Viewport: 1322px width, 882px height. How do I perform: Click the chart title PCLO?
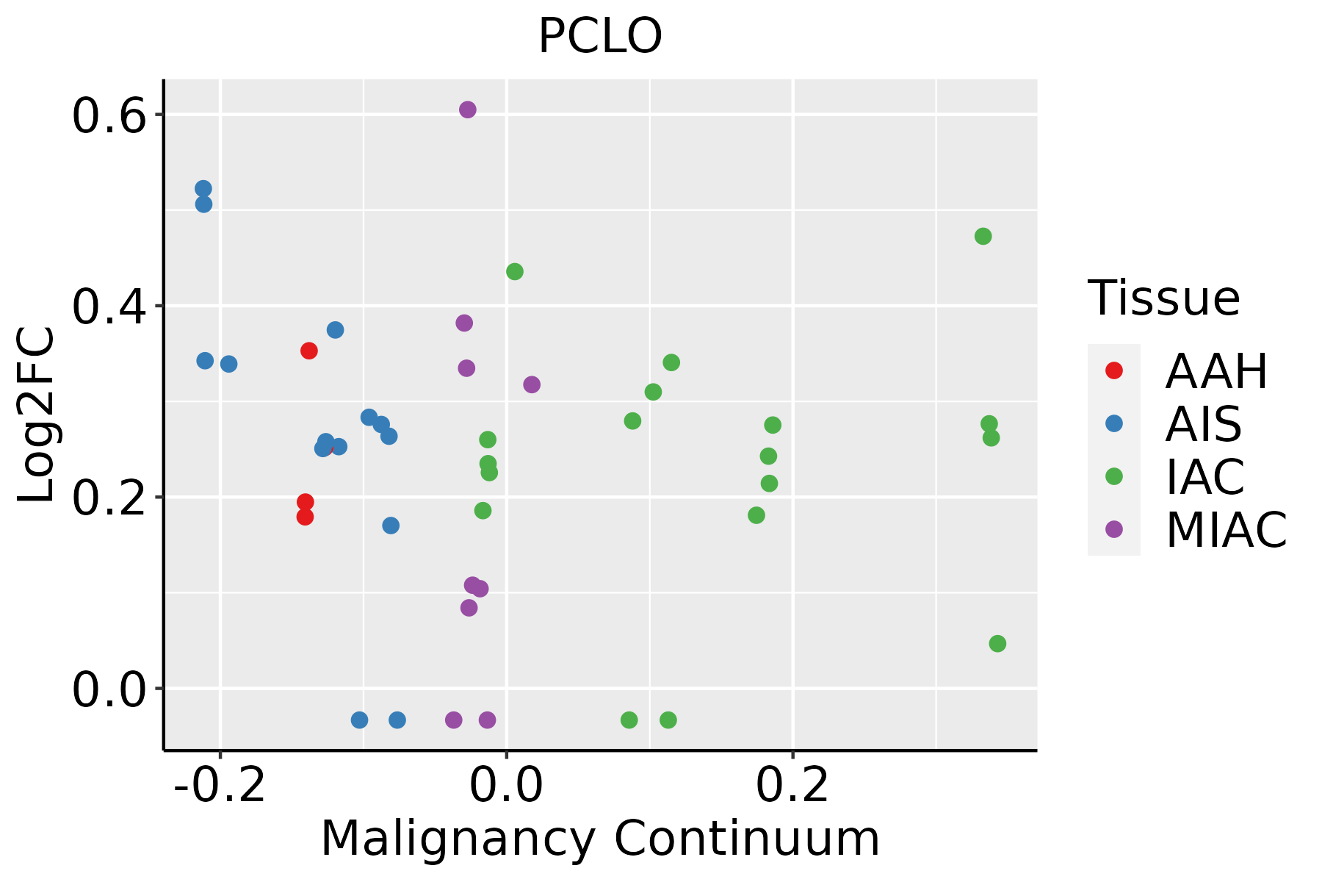[x=600, y=36]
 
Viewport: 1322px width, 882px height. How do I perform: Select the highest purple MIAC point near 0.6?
[x=468, y=110]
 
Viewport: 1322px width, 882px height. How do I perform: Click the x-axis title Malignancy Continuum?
[x=600, y=839]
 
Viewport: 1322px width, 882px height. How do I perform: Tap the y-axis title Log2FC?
[x=37, y=415]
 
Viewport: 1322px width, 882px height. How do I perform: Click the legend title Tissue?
[x=1164, y=298]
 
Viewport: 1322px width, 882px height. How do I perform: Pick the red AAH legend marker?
[x=1114, y=370]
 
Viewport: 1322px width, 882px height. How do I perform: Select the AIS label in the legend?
[x=1204, y=424]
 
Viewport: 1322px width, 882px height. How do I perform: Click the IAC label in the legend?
[x=1205, y=477]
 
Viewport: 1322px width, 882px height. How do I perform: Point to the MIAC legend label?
[x=1226, y=530]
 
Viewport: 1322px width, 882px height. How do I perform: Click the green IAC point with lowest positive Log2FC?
[x=997, y=644]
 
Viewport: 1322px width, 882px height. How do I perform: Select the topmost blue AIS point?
[x=203, y=189]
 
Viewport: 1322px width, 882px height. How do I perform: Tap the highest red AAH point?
[x=309, y=351]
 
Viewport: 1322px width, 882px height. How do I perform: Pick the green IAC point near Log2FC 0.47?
[x=983, y=237]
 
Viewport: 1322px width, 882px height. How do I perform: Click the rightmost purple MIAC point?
[x=532, y=384]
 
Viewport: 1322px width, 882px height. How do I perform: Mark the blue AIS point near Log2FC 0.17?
[x=391, y=526]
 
